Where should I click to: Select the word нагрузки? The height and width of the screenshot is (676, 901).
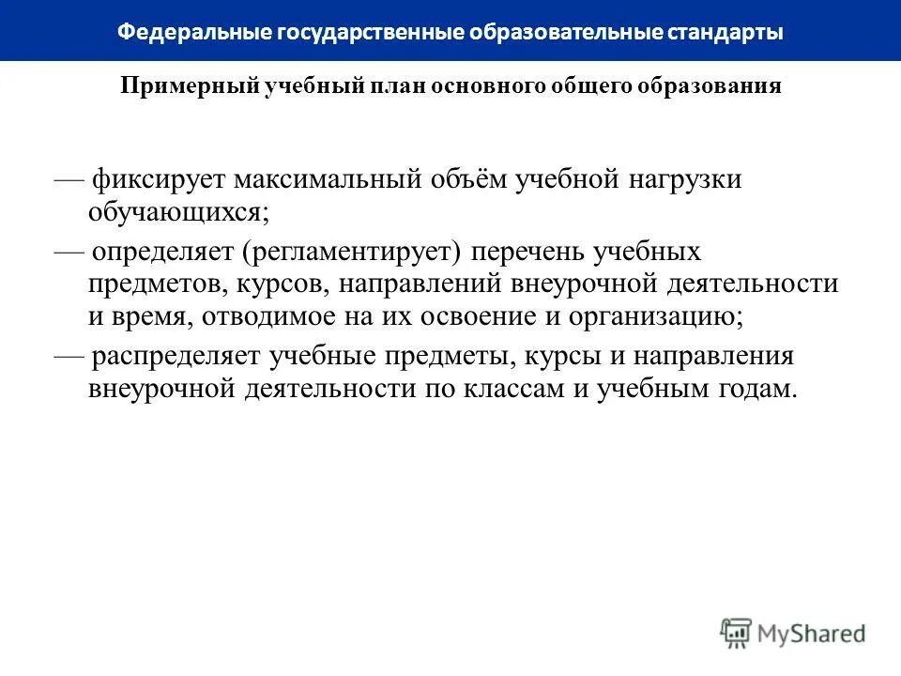[682, 178]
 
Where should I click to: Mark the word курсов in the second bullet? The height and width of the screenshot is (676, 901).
[280, 284]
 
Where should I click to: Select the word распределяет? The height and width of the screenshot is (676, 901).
[175, 357]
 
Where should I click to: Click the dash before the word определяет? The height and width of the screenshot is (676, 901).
[69, 252]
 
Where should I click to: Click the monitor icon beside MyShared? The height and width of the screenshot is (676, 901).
[737, 631]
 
